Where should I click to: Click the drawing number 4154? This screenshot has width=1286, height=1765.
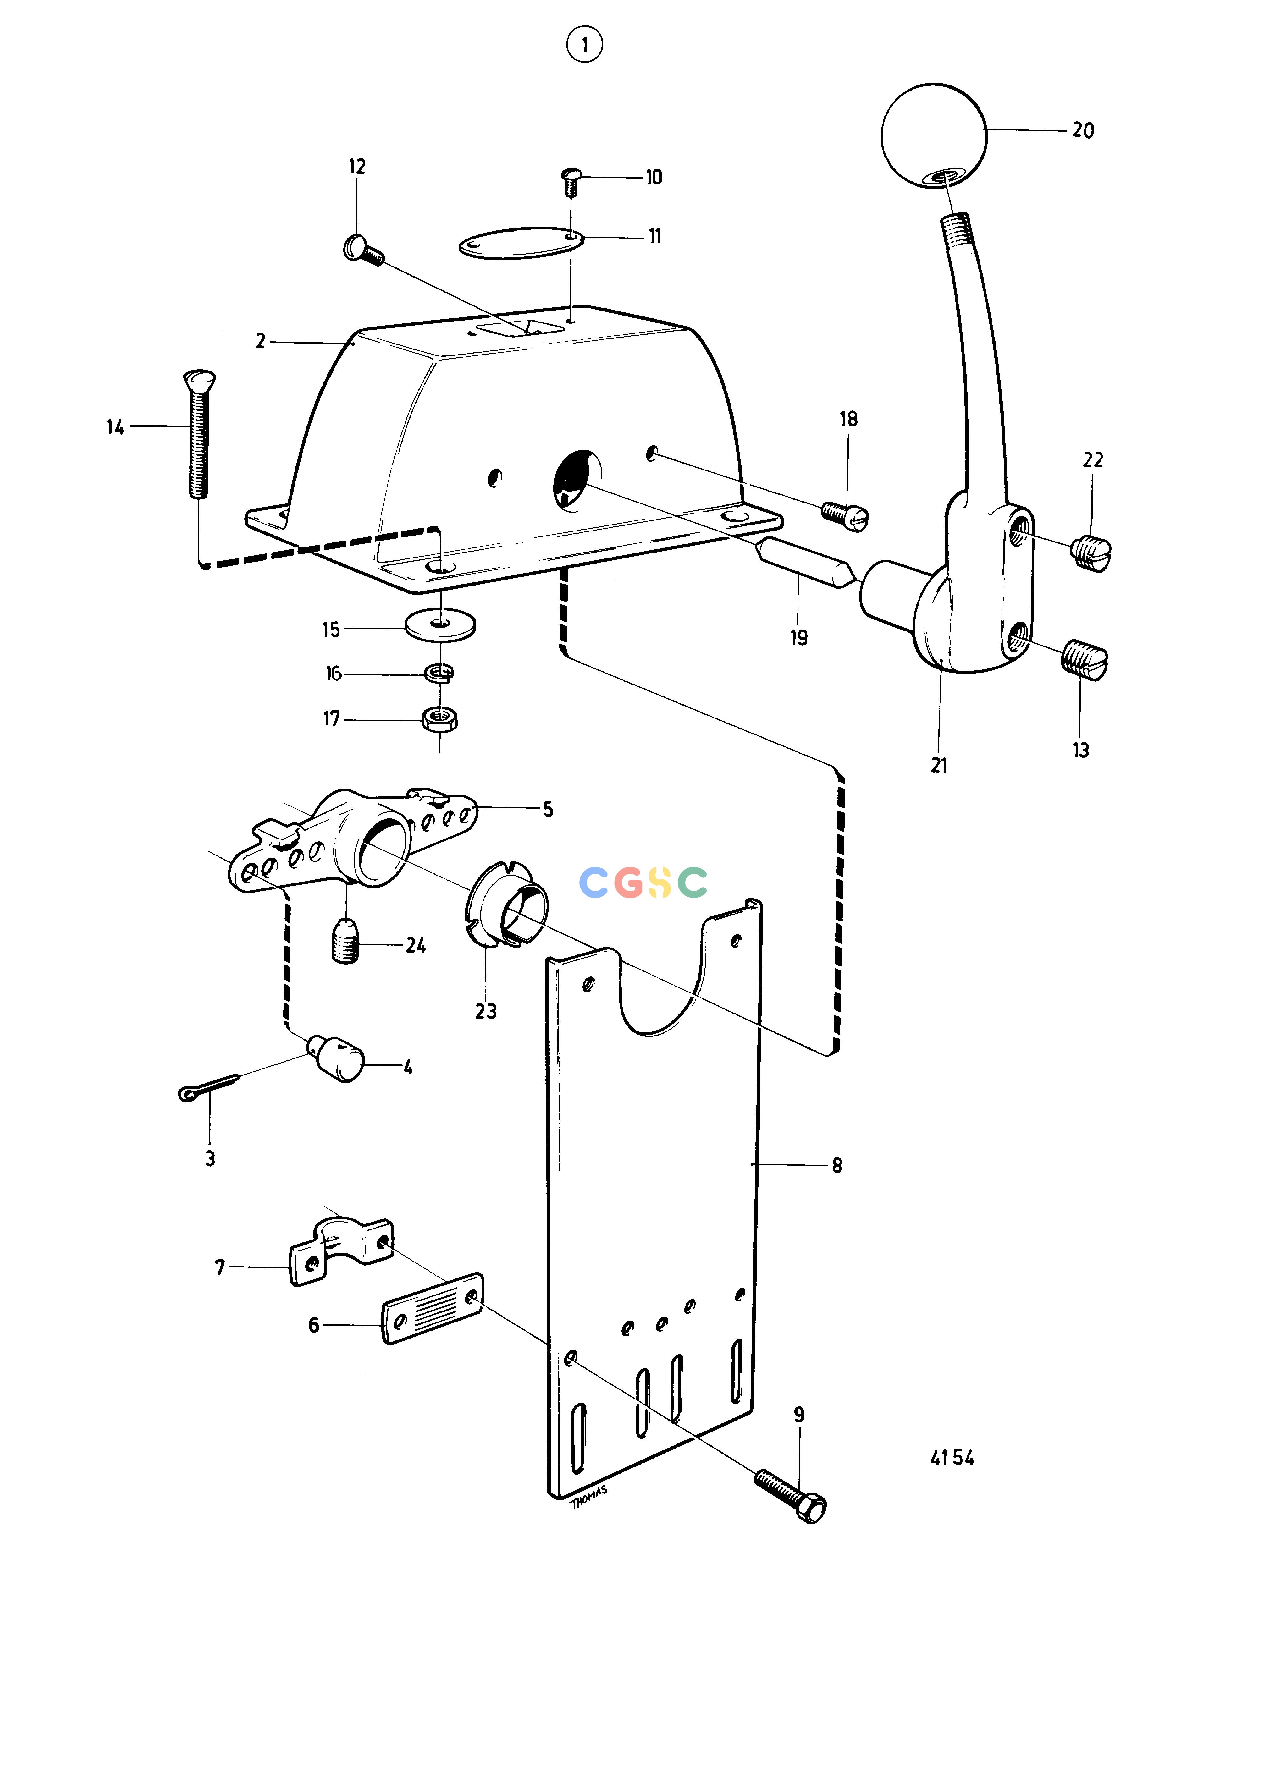click(x=952, y=1458)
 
